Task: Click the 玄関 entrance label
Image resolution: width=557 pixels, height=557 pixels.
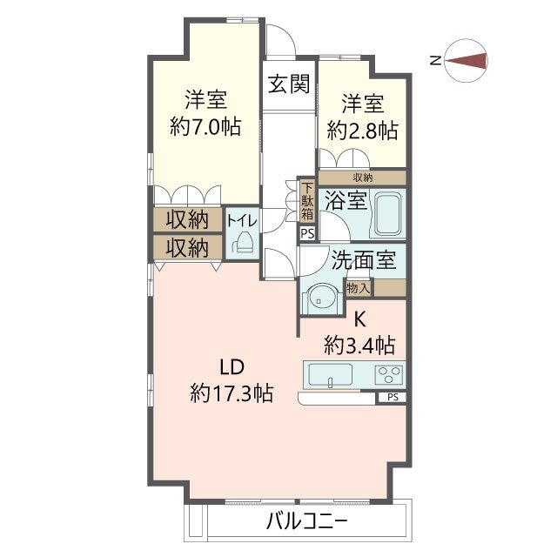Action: click(289, 84)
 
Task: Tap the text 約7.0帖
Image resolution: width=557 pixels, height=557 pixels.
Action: click(205, 126)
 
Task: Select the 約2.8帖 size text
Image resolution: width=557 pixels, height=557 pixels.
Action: click(362, 131)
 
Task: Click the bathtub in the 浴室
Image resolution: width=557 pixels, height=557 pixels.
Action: click(388, 214)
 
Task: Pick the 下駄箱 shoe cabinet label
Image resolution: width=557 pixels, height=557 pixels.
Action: click(307, 201)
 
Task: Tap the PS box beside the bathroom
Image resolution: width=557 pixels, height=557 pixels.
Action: click(307, 234)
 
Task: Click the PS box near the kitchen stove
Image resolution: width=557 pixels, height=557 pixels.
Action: click(393, 397)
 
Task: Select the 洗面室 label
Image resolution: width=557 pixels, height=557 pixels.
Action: click(364, 260)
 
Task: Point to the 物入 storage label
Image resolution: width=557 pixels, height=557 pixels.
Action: click(359, 288)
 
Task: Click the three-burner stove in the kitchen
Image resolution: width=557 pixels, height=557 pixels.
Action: click(389, 375)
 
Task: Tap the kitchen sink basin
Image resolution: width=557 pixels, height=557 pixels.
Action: click(331, 375)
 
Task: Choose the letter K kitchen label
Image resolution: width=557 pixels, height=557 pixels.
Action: click(359, 320)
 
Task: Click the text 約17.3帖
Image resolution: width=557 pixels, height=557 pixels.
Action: click(232, 393)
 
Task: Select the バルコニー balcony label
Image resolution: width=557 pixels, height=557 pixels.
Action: click(306, 522)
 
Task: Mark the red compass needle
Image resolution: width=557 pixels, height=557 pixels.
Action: click(466, 61)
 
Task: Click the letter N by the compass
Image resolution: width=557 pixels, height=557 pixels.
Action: click(435, 61)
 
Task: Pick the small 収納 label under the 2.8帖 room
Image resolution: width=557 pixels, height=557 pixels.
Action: click(363, 178)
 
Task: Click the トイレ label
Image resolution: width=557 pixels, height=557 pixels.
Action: click(242, 221)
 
